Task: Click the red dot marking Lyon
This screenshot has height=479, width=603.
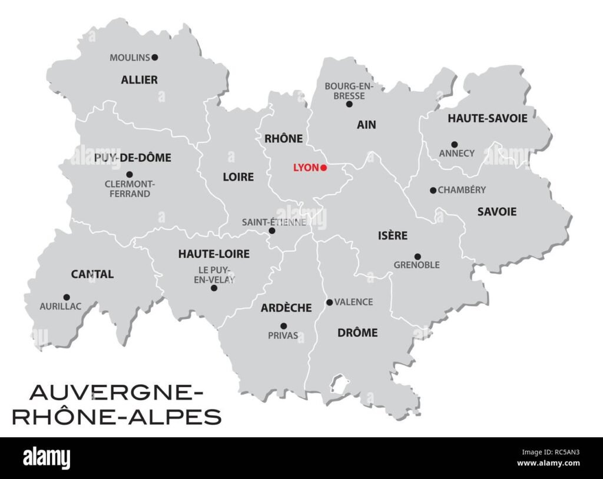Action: click(324, 168)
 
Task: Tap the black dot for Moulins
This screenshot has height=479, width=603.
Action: click(155, 57)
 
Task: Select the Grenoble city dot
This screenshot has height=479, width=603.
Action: click(418, 257)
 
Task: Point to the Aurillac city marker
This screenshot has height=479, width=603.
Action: click(67, 297)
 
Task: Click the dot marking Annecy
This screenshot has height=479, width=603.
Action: click(454, 144)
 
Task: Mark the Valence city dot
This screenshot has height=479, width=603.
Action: click(329, 302)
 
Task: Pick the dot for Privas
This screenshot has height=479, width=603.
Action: click(283, 326)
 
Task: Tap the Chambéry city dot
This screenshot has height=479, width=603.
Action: click(433, 190)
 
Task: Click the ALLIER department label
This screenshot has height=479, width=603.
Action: click(140, 79)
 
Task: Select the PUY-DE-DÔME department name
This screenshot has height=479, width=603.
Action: click(132, 158)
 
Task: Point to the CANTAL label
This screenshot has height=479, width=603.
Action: click(92, 274)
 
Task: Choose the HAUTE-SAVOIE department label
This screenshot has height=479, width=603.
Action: click(488, 118)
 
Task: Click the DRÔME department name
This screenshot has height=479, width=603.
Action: click(357, 332)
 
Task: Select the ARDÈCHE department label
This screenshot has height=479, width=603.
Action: click(286, 308)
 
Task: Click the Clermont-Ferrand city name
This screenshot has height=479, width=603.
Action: click(130, 189)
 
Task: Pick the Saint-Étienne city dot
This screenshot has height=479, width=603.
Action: click(272, 231)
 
